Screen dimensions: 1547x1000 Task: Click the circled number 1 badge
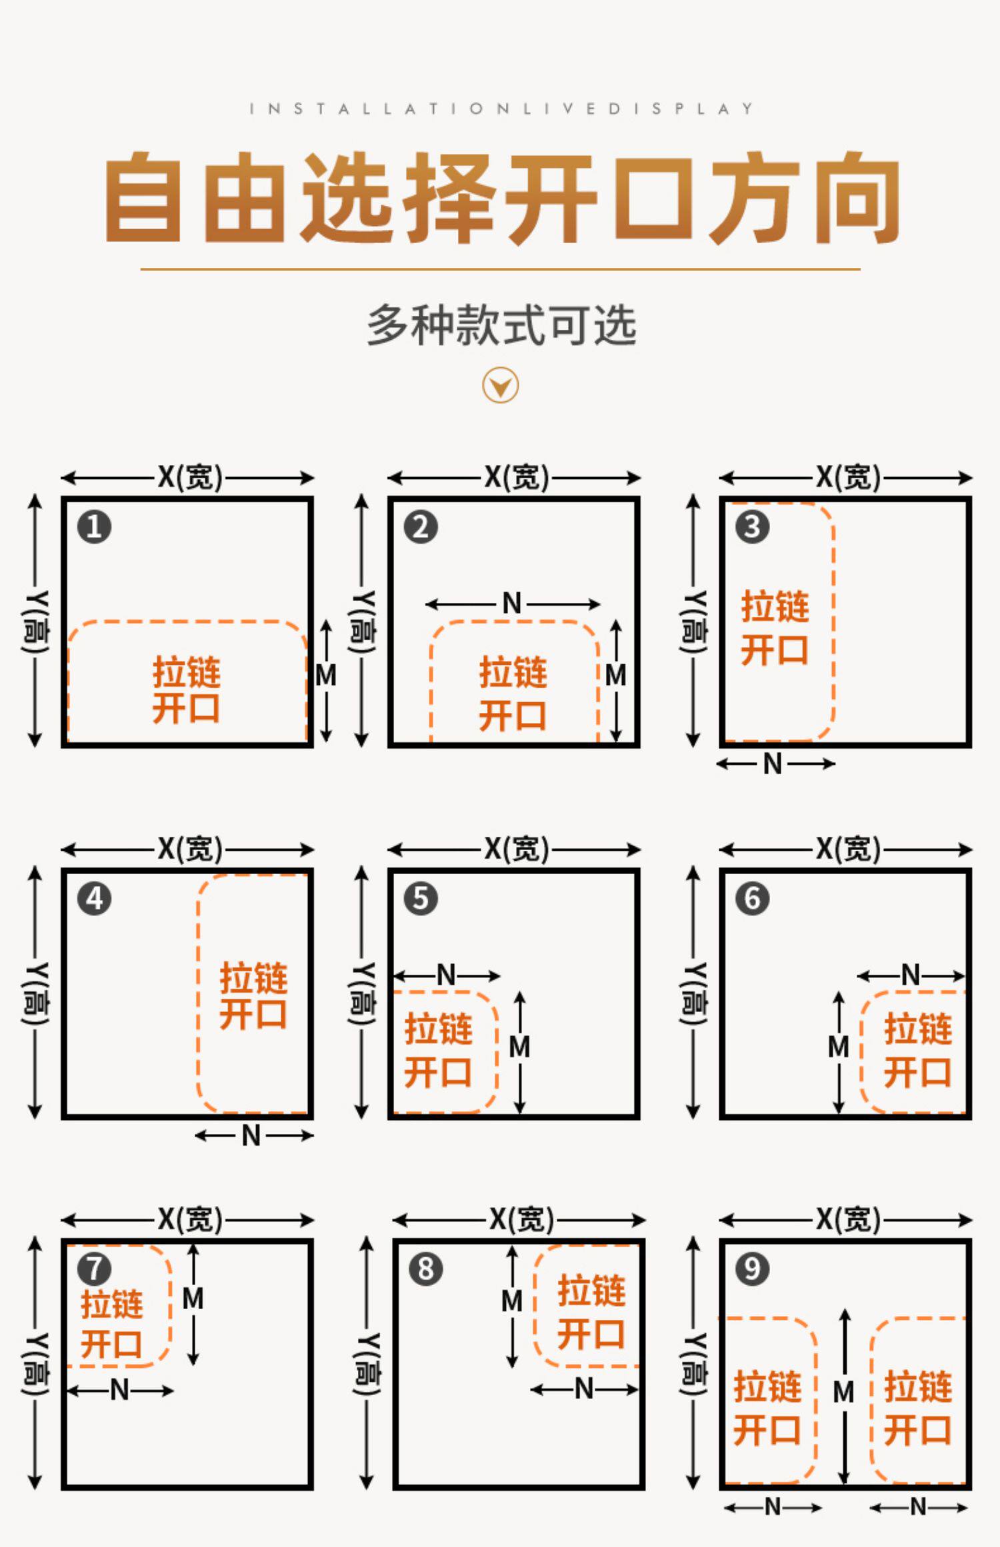pyautogui.click(x=94, y=527)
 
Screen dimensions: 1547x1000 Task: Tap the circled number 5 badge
pyautogui.click(x=421, y=898)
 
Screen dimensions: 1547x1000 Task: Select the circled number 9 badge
pyautogui.click(x=752, y=1269)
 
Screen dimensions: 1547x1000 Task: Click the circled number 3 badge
pyautogui.click(x=752, y=527)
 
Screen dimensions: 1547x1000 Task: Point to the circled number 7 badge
pyautogui.click(x=94, y=1269)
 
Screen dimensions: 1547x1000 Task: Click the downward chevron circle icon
pyautogui.click(x=500, y=386)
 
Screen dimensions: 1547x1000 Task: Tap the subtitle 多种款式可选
pyautogui.click(x=501, y=326)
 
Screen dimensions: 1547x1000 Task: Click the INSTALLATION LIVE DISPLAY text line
pyautogui.click(x=501, y=109)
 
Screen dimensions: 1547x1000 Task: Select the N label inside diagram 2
pyautogui.click(x=512, y=604)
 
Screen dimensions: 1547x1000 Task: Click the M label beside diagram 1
pyautogui.click(x=326, y=676)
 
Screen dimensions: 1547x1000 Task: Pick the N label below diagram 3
pyautogui.click(x=773, y=764)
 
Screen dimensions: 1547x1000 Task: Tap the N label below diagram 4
pyautogui.click(x=251, y=1135)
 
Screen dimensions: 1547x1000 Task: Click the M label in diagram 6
pyautogui.click(x=839, y=1047)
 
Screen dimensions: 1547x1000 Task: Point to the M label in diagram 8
pyautogui.click(x=512, y=1300)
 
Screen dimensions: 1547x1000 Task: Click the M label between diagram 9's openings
pyautogui.click(x=844, y=1392)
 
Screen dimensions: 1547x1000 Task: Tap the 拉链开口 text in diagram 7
pyautogui.click(x=112, y=1324)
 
